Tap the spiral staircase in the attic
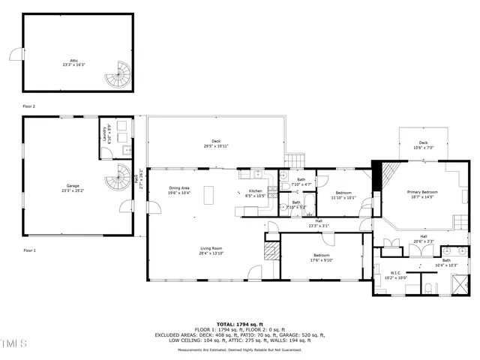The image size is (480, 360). coord(118,74)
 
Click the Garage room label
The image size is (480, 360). coord(72,187)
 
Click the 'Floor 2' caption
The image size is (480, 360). coord(29,106)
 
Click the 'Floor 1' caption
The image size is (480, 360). coord(29,250)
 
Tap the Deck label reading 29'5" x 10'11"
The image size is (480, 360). coord(215,143)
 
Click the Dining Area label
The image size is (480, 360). coord(179,190)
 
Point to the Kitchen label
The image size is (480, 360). coord(255,193)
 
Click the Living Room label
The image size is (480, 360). coord(211,250)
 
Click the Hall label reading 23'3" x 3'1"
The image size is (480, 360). coord(319,223)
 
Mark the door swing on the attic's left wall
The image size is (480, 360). coord(14,53)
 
